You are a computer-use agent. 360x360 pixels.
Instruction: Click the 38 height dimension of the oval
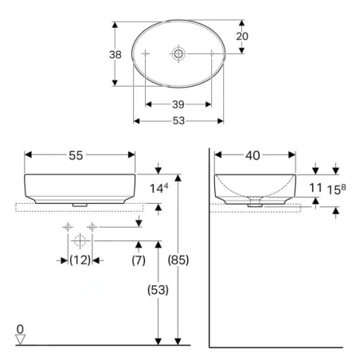(x=115, y=55)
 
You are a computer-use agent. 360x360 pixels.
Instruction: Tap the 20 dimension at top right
(x=242, y=37)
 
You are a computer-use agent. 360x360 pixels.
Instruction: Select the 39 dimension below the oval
(x=178, y=104)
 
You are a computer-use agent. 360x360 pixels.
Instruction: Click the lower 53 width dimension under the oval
(x=178, y=121)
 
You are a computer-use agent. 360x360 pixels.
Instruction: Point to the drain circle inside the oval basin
(x=178, y=53)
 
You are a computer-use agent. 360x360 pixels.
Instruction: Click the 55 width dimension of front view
(x=76, y=155)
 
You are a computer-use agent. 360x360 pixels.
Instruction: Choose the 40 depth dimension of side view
(x=252, y=155)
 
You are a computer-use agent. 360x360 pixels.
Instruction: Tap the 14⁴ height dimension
(x=158, y=188)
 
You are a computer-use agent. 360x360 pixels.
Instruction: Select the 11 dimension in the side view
(x=315, y=188)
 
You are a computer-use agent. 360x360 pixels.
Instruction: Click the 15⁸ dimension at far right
(x=336, y=190)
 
